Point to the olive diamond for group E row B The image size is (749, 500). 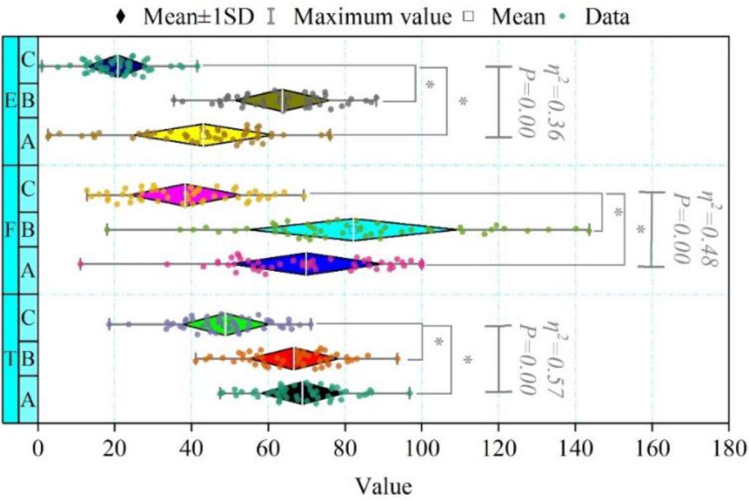pyautogui.click(x=282, y=100)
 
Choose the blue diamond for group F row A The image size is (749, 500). pyautogui.click(x=307, y=263)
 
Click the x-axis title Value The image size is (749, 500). pyautogui.click(x=383, y=485)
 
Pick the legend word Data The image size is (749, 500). pyautogui.click(x=607, y=16)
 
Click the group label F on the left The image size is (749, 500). pyautogui.click(x=10, y=229)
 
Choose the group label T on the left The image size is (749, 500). pyautogui.click(x=10, y=359)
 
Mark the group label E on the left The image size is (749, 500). pyautogui.click(x=10, y=101)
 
